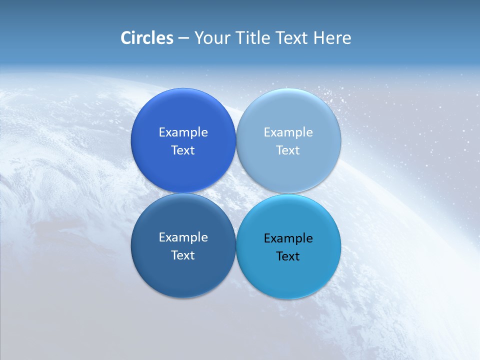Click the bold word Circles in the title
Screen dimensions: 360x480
click(147, 37)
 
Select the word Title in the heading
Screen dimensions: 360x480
click(253, 37)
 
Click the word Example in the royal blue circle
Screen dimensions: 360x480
click(183, 132)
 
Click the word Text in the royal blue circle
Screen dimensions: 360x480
click(183, 150)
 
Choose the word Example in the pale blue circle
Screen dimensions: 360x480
click(288, 132)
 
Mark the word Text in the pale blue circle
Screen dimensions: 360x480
click(288, 150)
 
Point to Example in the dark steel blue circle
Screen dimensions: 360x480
click(183, 237)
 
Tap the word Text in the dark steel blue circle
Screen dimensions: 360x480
click(183, 255)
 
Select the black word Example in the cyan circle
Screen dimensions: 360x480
click(288, 238)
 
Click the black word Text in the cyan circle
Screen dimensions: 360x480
click(288, 256)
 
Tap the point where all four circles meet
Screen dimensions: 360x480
click(236, 193)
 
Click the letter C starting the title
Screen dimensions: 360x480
click(126, 37)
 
